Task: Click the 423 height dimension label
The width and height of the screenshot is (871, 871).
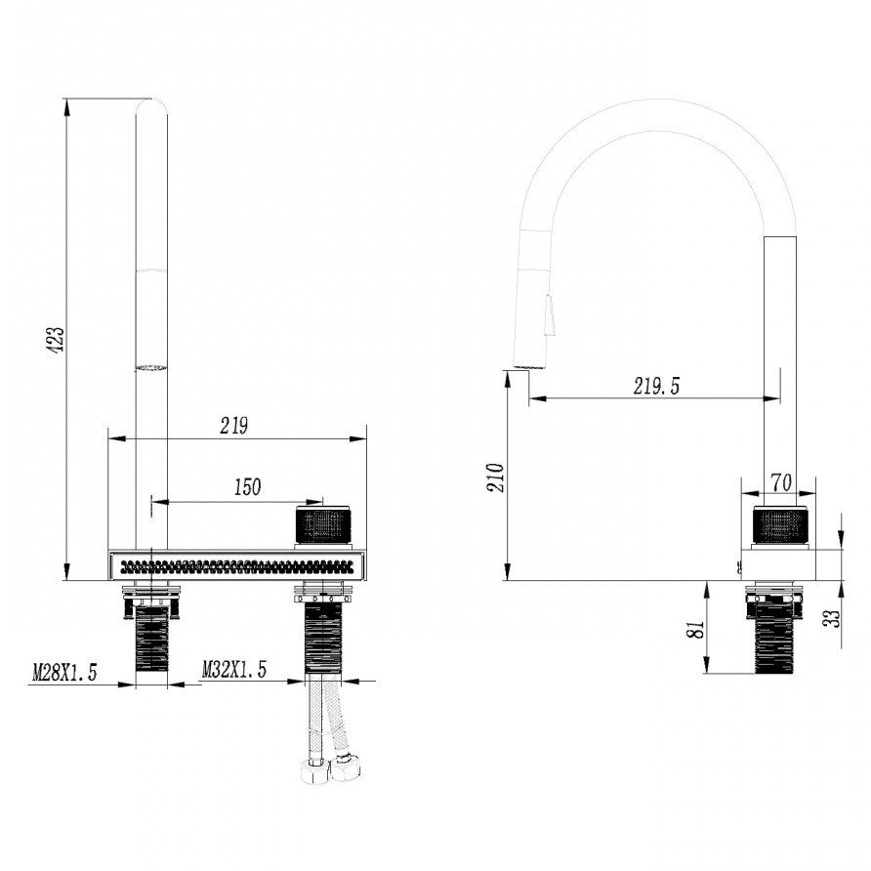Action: [56, 340]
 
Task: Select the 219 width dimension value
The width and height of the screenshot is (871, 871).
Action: [233, 426]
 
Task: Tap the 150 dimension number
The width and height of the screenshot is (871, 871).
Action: [247, 487]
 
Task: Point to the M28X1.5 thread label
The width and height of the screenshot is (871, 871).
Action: [64, 673]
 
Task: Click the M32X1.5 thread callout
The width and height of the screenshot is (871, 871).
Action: [233, 669]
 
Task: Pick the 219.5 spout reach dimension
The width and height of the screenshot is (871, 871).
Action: [656, 386]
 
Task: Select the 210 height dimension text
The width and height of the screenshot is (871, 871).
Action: [495, 477]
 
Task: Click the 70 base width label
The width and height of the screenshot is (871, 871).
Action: [781, 482]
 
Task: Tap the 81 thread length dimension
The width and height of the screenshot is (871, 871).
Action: [696, 630]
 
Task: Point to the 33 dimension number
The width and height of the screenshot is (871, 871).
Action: [832, 618]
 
